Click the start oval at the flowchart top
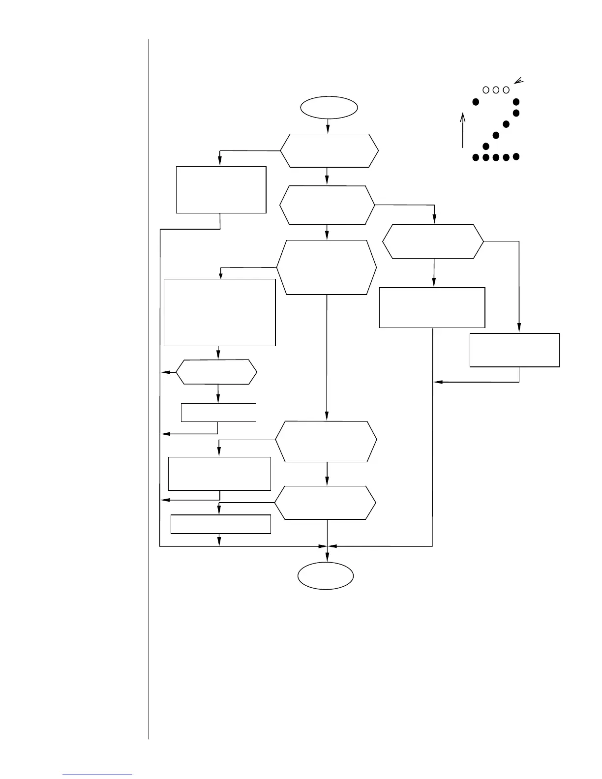coord(329,107)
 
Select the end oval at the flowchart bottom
coord(326,575)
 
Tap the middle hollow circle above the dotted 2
coord(496,90)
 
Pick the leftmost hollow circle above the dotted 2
coord(485,90)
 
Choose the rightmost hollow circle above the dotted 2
coord(506,90)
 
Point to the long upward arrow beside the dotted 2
coord(463,130)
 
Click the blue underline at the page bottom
coord(97,775)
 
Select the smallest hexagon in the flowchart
coord(216,372)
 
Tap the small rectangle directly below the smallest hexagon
coord(218,412)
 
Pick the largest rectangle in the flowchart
coord(219,312)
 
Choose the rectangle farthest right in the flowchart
coord(514,350)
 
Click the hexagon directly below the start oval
coord(330,150)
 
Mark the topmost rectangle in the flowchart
coord(221,189)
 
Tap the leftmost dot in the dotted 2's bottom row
coord(476,157)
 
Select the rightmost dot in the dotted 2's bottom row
coord(516,157)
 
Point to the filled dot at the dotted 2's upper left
coord(476,102)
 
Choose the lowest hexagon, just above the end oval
coord(325,503)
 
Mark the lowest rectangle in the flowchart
coord(220,524)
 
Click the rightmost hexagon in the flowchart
coord(433,241)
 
